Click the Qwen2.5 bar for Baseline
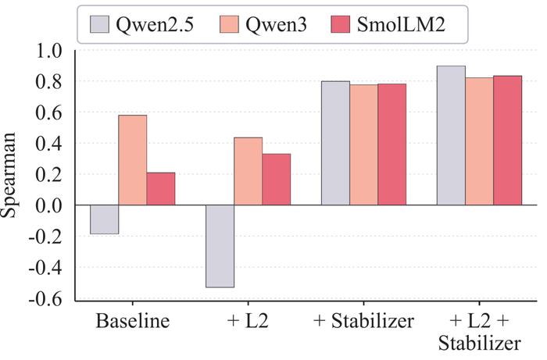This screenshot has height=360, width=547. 104,219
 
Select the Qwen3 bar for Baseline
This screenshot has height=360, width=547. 133,160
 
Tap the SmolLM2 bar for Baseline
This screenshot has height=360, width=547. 161,188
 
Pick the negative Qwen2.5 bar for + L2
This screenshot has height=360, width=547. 220,246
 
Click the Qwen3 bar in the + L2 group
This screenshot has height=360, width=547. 248,171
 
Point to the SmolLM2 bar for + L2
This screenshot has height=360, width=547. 277,179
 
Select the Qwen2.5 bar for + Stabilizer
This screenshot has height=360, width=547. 335,143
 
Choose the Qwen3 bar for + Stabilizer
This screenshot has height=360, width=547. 364,144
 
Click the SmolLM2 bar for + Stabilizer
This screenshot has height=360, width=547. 391,144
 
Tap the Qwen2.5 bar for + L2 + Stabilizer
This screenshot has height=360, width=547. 451,135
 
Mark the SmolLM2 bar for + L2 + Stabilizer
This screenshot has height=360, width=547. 508,140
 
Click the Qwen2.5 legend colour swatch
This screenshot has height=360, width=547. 99,24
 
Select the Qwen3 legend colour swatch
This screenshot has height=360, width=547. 229,24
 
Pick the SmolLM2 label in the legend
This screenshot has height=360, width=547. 401,24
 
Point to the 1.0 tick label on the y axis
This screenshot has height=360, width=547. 49,51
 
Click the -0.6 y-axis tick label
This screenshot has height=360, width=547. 45,298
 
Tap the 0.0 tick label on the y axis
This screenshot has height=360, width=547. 49,205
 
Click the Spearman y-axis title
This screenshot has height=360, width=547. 9,175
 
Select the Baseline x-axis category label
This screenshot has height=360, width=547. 133,321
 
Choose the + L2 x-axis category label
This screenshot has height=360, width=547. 248,321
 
